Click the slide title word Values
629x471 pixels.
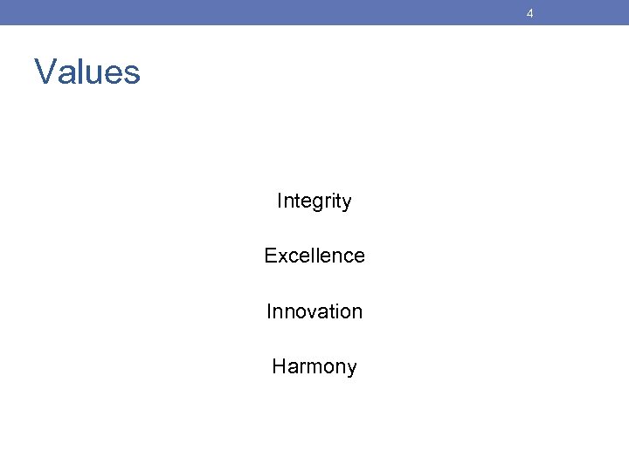pyautogui.click(x=87, y=72)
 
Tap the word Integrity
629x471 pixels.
pyautogui.click(x=314, y=201)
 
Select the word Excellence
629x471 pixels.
pyautogui.click(x=314, y=256)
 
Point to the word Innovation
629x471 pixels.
pyautogui.click(x=314, y=311)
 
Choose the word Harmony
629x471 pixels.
pyautogui.click(x=314, y=367)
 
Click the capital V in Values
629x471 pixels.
pyautogui.click(x=44, y=72)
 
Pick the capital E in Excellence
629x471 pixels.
pyautogui.click(x=270, y=256)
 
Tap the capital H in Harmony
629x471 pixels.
pyautogui.click(x=279, y=366)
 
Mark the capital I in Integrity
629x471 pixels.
pyautogui.click(x=280, y=201)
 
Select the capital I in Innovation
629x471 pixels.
pyautogui.click(x=269, y=311)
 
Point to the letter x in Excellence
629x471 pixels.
pyautogui.click(x=280, y=256)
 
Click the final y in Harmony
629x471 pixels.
pyautogui.click(x=351, y=369)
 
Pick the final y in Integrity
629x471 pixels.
pyautogui.click(x=347, y=203)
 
